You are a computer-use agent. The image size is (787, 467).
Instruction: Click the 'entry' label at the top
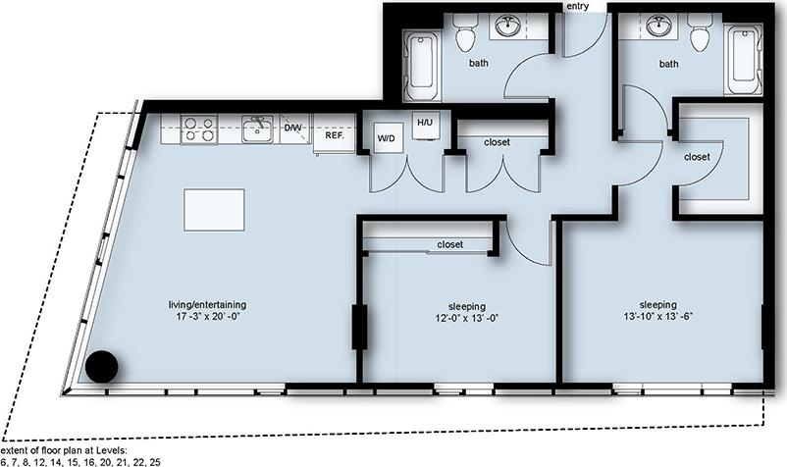[578, 7]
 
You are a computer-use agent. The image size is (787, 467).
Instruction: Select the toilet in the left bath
[464, 35]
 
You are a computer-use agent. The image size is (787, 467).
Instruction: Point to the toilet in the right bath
[699, 35]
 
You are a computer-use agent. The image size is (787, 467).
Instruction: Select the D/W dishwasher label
[292, 129]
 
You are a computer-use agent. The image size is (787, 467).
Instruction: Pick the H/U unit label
[425, 123]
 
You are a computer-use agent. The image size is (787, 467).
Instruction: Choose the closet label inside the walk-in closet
[697, 156]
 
